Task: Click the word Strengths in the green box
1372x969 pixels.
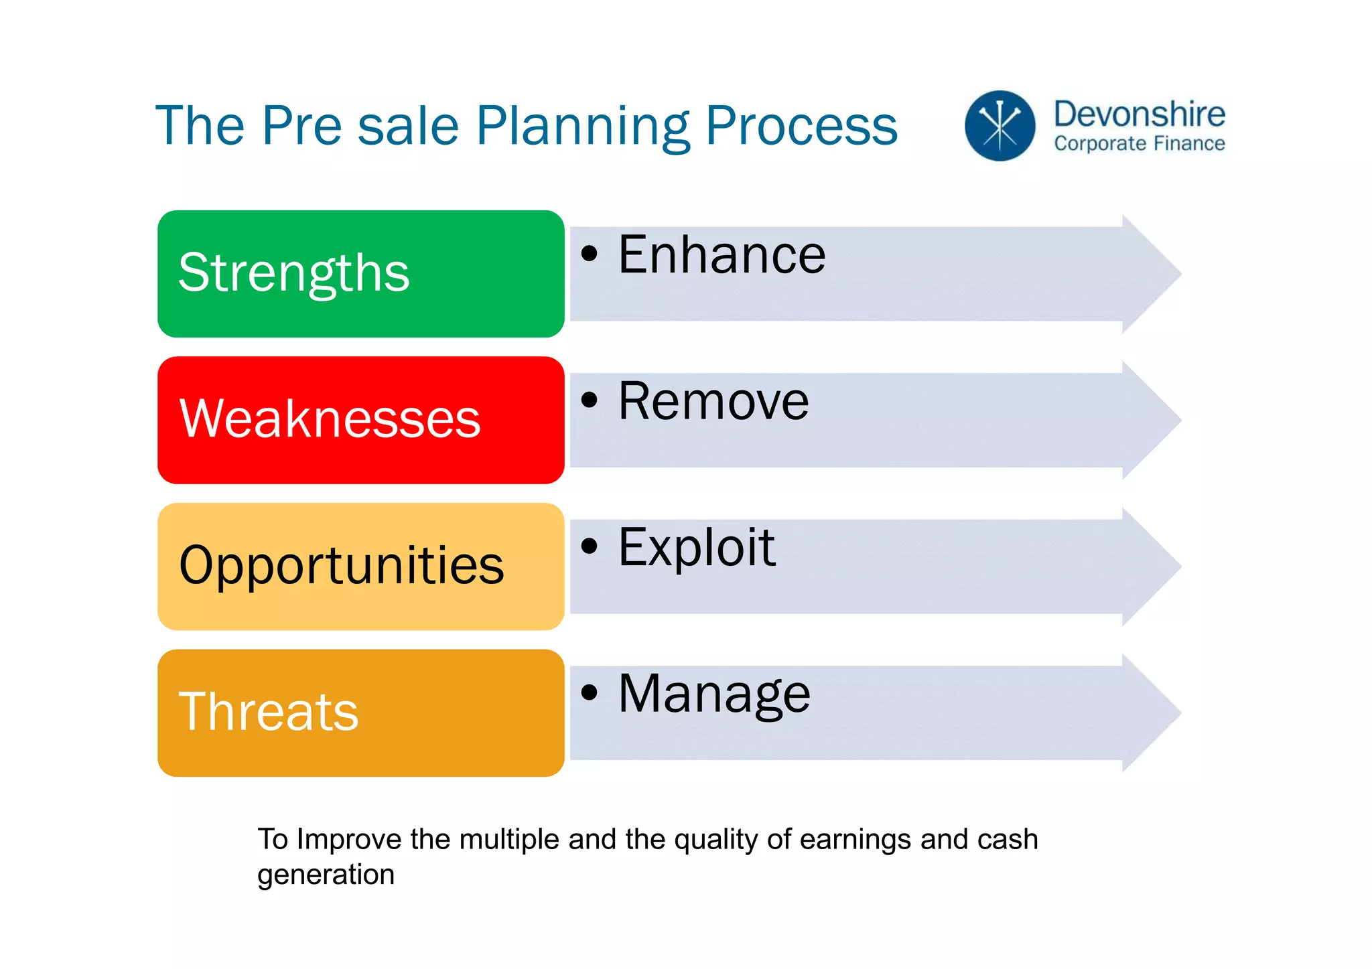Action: pyautogui.click(x=293, y=273)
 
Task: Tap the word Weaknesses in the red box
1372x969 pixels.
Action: pyautogui.click(x=330, y=419)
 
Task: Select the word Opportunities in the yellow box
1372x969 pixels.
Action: pyautogui.click(x=341, y=565)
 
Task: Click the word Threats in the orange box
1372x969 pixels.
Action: pyautogui.click(x=268, y=711)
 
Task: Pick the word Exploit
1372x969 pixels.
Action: pyautogui.click(x=697, y=547)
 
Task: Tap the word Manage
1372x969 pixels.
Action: pyautogui.click(x=714, y=694)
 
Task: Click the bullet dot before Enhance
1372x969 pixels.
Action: pyautogui.click(x=589, y=254)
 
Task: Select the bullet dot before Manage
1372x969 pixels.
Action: pyautogui.click(x=589, y=692)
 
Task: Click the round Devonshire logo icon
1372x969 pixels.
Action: pyautogui.click(x=1000, y=126)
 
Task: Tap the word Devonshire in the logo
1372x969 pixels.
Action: pyautogui.click(x=1139, y=114)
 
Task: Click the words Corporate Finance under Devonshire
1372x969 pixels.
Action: pyautogui.click(x=1139, y=143)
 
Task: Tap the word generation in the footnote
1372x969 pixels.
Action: pyautogui.click(x=326, y=875)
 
